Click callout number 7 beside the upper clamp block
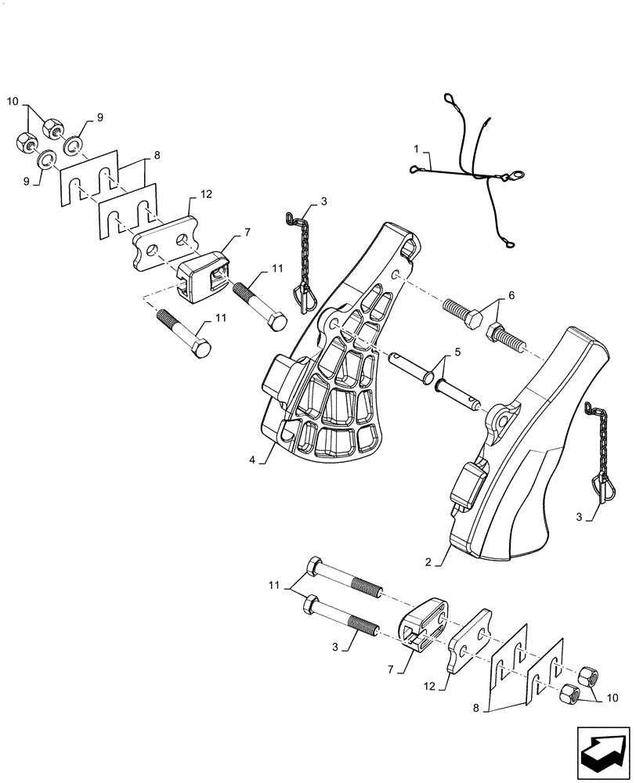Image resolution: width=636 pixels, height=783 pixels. (x=248, y=233)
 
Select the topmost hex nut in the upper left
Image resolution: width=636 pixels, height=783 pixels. (x=52, y=125)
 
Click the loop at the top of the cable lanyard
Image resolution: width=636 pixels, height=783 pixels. (x=452, y=100)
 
